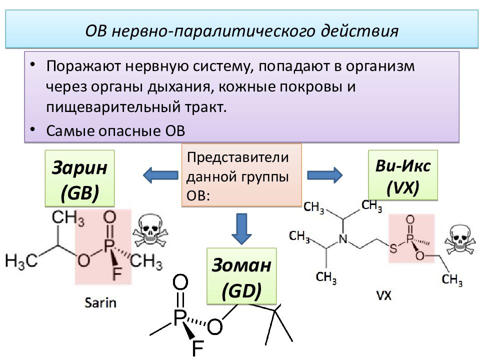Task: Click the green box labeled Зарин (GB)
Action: [x=79, y=178]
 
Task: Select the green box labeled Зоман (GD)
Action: [x=241, y=276]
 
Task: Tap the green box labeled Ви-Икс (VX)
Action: [x=403, y=175]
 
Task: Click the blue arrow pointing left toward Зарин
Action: [x=160, y=175]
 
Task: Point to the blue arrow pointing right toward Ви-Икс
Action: [x=325, y=175]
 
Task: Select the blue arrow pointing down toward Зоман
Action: [x=241, y=228]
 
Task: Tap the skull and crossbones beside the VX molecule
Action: [x=460, y=239]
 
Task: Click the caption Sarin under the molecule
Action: [x=100, y=303]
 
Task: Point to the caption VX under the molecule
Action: [x=383, y=295]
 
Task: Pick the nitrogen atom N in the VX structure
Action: [x=343, y=239]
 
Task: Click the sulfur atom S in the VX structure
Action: [x=393, y=248]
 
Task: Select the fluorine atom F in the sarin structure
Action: [x=116, y=273]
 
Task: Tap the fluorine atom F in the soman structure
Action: [x=198, y=348]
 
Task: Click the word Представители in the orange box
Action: [x=237, y=157]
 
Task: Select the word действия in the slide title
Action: [x=359, y=31]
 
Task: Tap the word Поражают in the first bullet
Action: [x=83, y=66]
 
